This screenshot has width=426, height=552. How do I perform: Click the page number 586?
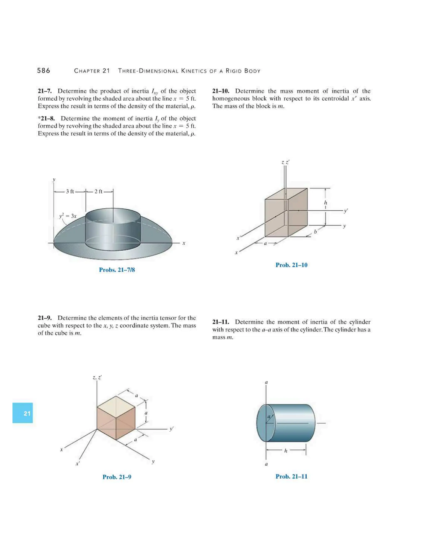44,71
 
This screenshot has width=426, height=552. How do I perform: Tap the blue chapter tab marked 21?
23,413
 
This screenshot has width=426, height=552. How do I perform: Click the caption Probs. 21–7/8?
117,270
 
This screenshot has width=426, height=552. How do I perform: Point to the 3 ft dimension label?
70,192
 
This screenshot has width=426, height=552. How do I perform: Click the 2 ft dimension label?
98,192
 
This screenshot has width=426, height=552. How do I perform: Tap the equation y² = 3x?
68,216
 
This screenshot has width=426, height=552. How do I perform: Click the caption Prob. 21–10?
291,265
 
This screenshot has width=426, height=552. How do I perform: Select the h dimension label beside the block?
325,203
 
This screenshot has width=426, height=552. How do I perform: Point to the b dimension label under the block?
315,231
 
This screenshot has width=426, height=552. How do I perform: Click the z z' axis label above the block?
285,162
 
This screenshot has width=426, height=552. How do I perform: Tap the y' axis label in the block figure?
346,211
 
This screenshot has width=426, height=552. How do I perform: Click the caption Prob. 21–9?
117,477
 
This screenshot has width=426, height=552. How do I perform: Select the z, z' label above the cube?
97,378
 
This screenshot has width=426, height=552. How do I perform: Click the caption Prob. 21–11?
291,476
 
